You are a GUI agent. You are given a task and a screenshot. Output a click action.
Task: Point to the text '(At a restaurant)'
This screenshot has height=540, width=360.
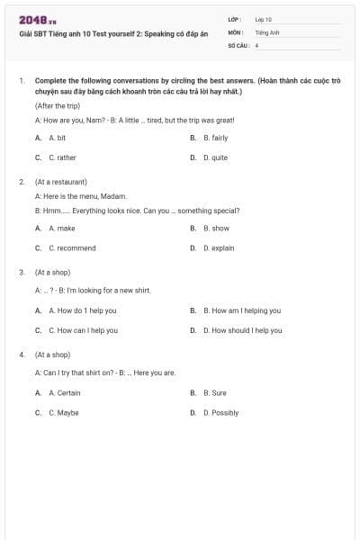click(60, 181)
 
